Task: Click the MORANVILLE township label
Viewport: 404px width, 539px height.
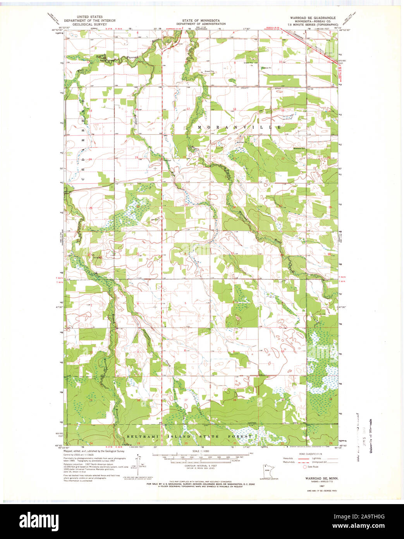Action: (239, 127)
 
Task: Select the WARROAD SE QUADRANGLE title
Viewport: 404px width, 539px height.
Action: (313, 18)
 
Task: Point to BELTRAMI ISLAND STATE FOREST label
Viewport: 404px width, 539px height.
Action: (189, 437)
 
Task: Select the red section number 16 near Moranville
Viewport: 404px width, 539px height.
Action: (234, 110)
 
